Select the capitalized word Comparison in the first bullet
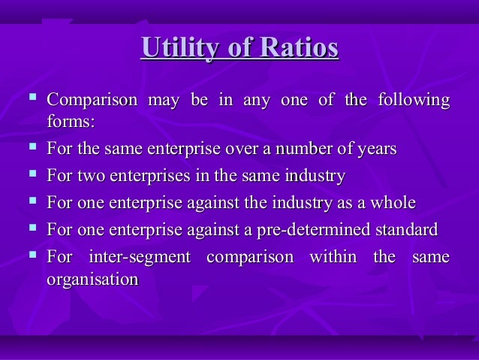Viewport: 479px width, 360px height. coord(92,100)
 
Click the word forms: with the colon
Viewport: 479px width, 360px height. coord(71,122)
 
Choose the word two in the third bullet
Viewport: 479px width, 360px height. coord(90,177)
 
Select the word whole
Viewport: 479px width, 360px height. coord(390,203)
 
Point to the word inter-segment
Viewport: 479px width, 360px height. coord(139,257)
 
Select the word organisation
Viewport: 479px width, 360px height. coord(92,279)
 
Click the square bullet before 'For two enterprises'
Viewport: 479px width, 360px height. coord(31,175)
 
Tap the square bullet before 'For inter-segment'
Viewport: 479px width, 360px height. coord(31,256)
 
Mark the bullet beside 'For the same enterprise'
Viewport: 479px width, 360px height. coord(31,147)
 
